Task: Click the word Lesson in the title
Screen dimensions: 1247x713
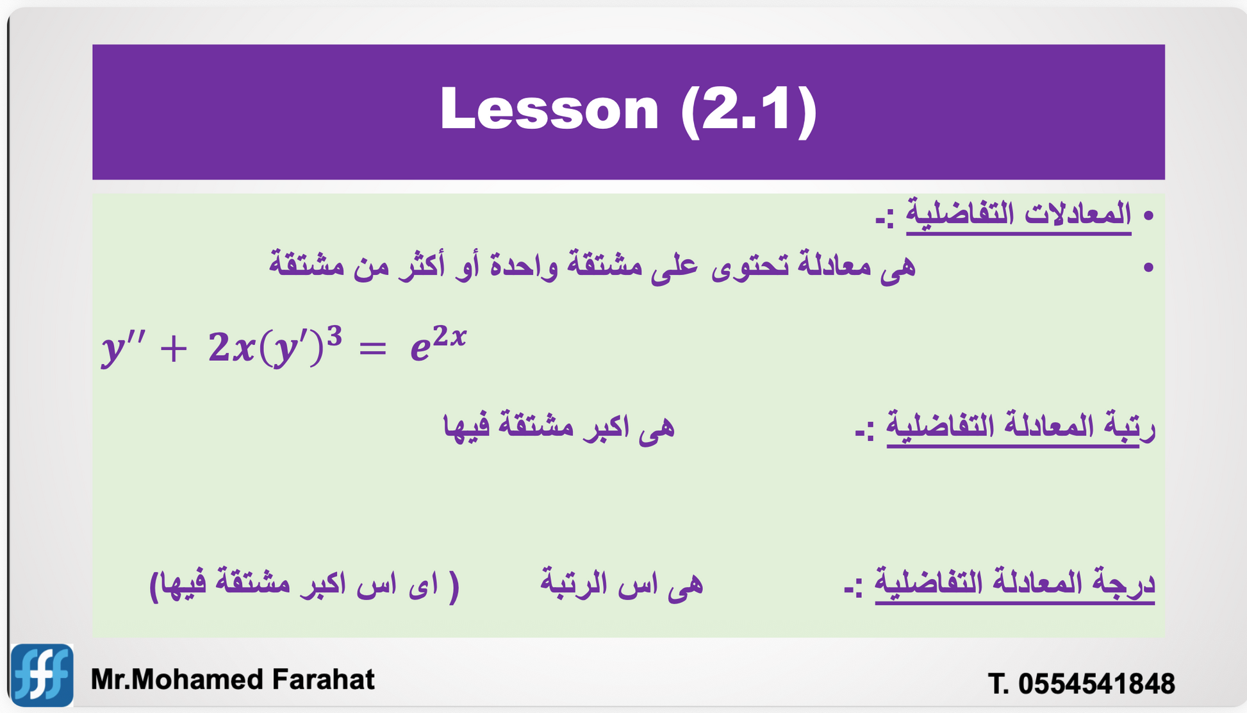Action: pyautogui.click(x=550, y=109)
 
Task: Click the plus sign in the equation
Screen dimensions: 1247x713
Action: pyautogui.click(x=174, y=350)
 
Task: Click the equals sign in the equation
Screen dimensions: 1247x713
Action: pyautogui.click(x=372, y=350)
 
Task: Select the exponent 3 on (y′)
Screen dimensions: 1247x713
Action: pyautogui.click(x=334, y=336)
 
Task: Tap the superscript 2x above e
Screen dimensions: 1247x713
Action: pyautogui.click(x=449, y=335)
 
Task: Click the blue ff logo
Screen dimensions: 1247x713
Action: pyautogui.click(x=42, y=675)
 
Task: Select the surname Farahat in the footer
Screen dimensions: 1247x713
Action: pyautogui.click(x=323, y=680)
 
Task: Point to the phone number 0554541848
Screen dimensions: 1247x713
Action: pyautogui.click(x=1096, y=684)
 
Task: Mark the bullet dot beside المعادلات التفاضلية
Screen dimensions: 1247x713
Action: pyautogui.click(x=1148, y=215)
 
